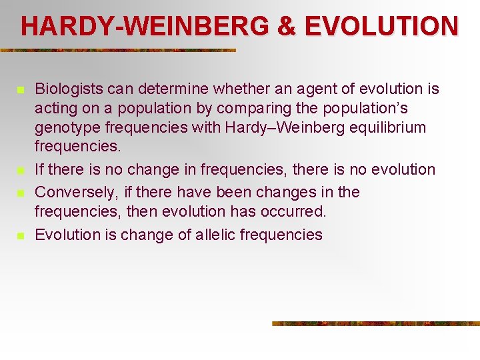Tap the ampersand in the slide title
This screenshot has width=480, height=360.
click(285, 26)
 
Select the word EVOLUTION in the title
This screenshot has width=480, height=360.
click(381, 26)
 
